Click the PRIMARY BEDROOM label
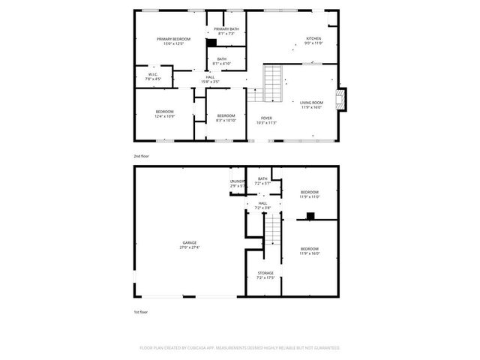pos(173,39)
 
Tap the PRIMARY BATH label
pos(226,29)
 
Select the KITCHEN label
pos(313,39)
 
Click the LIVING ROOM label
pos(311,103)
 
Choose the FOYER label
pos(266,118)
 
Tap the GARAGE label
pos(189,242)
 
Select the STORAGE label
pos(265,273)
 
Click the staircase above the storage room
pos(274,227)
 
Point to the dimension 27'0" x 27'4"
pos(189,247)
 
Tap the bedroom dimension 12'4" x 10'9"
pos(164,116)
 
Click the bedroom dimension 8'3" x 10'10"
pos(226,120)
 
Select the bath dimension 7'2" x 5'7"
pos(262,183)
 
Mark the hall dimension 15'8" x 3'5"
pos(211,82)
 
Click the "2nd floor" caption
pos(141,156)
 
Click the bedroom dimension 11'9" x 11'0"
pos(310,196)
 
